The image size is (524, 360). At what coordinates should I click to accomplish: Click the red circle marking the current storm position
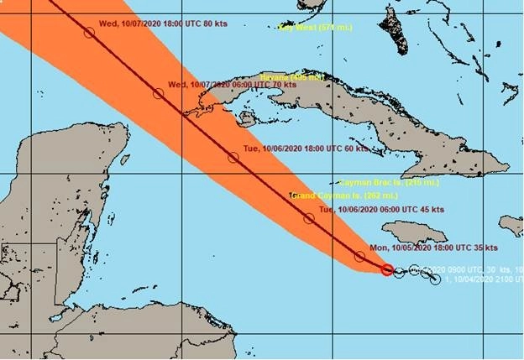click(387, 269)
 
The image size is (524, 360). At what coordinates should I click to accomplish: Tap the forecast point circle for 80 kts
click(89, 33)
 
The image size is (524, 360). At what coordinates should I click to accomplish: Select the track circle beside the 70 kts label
click(158, 93)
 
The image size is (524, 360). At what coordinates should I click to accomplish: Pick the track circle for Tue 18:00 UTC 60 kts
click(233, 157)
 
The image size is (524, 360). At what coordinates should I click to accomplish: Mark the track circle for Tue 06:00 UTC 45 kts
click(309, 218)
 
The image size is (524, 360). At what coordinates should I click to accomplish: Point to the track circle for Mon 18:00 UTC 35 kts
click(359, 256)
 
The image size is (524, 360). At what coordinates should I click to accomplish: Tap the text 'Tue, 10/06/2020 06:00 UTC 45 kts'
click(380, 209)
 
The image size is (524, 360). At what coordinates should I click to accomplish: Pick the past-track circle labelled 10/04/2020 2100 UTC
click(435, 279)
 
